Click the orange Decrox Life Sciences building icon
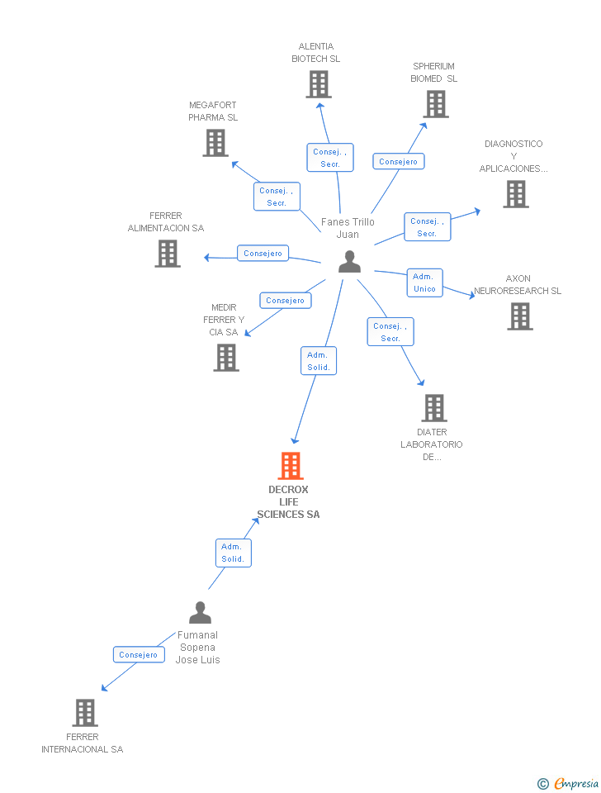click(x=291, y=466)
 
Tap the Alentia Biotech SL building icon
click(x=319, y=84)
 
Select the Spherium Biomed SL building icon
click(x=436, y=104)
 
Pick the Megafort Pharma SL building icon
click(x=215, y=143)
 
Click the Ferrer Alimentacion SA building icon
click(x=168, y=254)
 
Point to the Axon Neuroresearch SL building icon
click(x=520, y=316)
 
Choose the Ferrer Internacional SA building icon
click(x=85, y=712)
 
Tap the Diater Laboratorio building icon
click(x=434, y=408)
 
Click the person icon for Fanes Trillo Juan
click(x=350, y=261)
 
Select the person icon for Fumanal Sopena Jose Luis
click(x=200, y=613)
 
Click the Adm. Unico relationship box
click(x=424, y=283)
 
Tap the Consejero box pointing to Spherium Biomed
click(x=399, y=162)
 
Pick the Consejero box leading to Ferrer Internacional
click(x=138, y=655)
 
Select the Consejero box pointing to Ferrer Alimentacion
click(x=263, y=254)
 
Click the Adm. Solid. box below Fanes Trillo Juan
click(x=319, y=361)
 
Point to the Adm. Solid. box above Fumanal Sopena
click(x=232, y=553)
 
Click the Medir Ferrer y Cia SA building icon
click(x=226, y=358)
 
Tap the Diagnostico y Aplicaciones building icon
click(x=516, y=194)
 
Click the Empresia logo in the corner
click(x=569, y=783)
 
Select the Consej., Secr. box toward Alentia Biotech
click(x=330, y=158)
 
